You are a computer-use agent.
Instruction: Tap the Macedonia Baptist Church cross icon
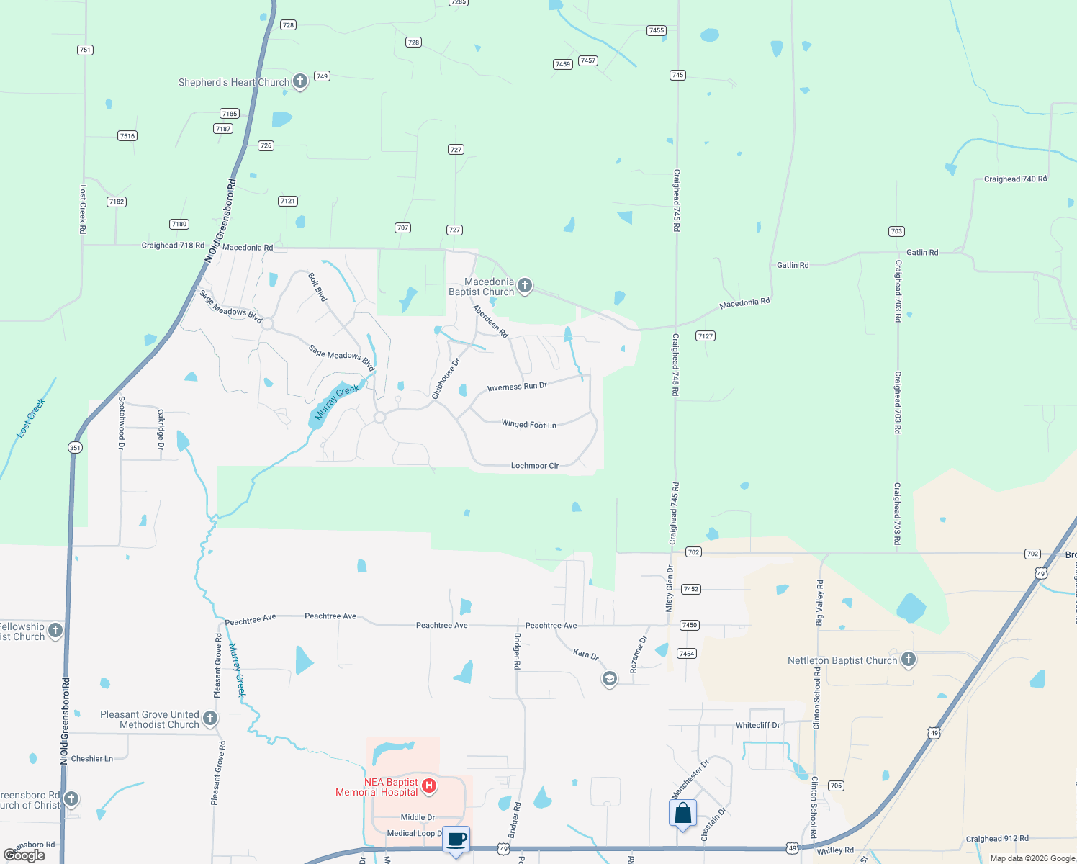(525, 286)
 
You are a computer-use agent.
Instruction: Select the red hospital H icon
(429, 786)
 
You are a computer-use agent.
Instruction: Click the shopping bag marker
(682, 814)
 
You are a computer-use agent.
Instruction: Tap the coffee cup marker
(456, 840)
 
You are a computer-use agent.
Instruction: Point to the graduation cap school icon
(609, 679)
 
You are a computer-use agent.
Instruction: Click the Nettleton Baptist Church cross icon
(909, 659)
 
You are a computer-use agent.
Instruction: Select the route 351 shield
(75, 447)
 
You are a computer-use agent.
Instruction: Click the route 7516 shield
(127, 135)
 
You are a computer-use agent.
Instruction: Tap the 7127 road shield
(706, 336)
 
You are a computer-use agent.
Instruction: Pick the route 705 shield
(836, 786)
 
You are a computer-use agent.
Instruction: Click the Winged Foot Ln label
(528, 425)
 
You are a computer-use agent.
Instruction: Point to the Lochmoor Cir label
(535, 466)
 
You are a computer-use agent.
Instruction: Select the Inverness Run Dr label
(517, 387)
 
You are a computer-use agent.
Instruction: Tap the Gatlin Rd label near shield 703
(922, 252)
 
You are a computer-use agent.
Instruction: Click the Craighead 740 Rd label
(1015, 179)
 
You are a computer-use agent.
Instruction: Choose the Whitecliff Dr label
(757, 725)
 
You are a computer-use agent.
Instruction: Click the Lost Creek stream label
(31, 418)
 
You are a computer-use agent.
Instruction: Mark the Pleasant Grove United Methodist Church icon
(210, 718)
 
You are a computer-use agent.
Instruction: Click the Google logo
(24, 855)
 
